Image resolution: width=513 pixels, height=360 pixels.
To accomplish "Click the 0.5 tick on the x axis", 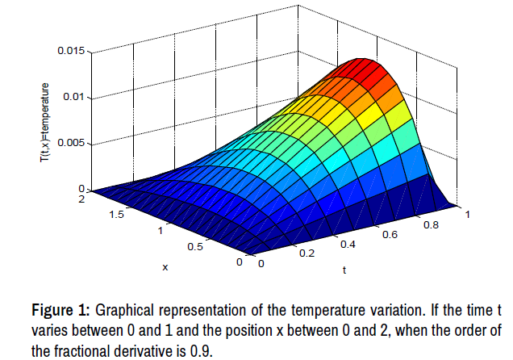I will [x=194, y=247].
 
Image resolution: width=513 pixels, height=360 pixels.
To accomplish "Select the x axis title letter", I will [x=165, y=267].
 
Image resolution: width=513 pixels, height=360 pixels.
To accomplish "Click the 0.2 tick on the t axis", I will [x=303, y=253].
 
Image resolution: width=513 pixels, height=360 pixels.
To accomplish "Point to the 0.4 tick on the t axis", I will [x=348, y=243].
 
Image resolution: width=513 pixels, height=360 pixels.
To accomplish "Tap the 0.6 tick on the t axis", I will [x=390, y=235].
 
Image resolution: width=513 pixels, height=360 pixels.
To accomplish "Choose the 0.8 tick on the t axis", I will [x=431, y=226].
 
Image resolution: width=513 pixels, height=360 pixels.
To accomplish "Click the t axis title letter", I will [x=344, y=270].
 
